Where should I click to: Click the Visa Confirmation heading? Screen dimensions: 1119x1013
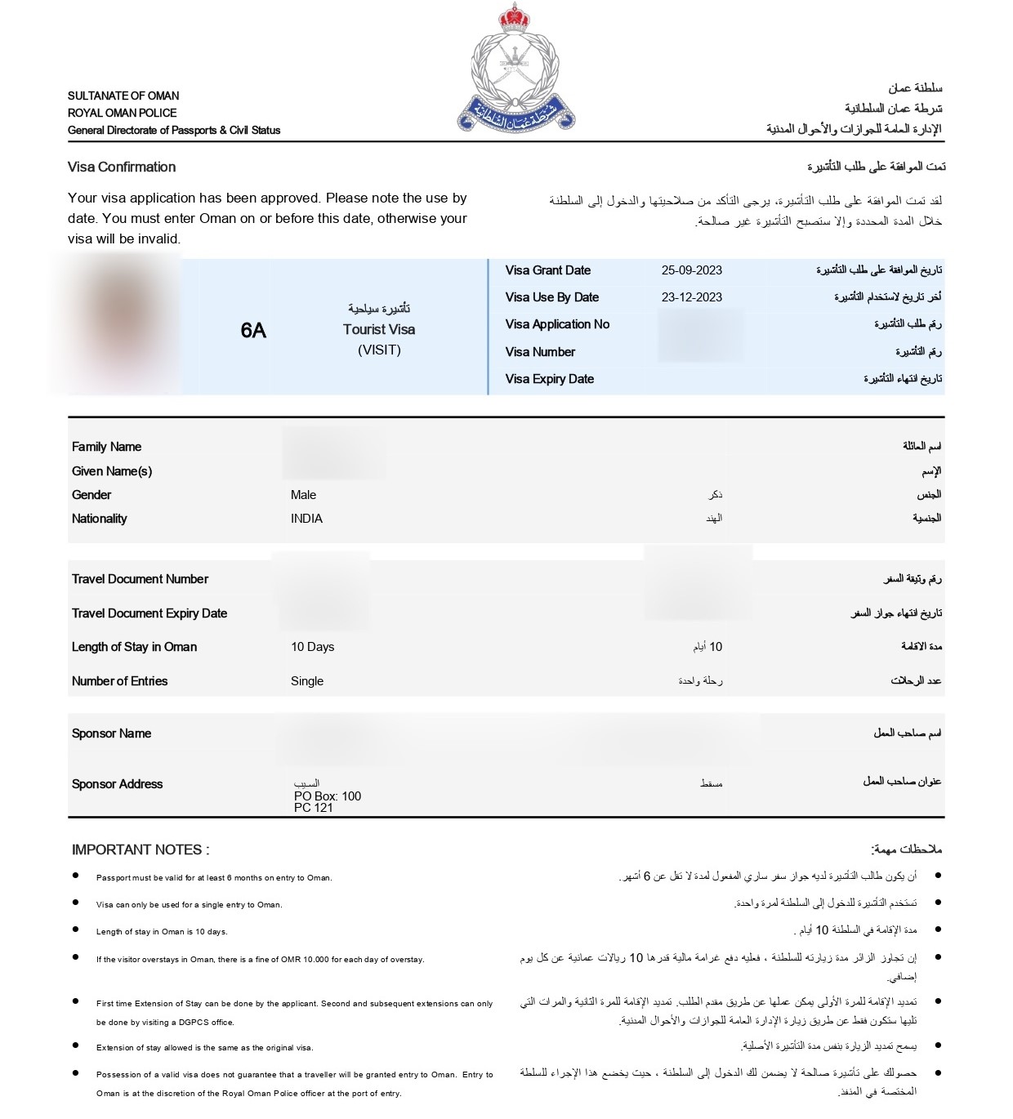tap(122, 167)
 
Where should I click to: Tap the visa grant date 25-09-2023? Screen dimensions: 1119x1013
tap(691, 270)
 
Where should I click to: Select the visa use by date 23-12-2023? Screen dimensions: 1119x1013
tap(691, 297)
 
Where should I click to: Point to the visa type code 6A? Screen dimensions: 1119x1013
tap(253, 330)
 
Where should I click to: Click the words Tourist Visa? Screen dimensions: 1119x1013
tap(379, 329)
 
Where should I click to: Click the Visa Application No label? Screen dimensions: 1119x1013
tap(557, 324)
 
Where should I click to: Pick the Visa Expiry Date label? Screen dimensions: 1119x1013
tap(549, 379)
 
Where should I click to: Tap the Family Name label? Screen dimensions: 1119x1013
tap(106, 447)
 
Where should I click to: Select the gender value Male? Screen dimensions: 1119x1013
tap(303, 495)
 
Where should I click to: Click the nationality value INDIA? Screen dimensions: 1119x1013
tap(306, 519)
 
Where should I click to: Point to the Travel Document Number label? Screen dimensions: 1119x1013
tap(140, 579)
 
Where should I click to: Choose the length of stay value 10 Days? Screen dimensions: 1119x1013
tap(312, 647)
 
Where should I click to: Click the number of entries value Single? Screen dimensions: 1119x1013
tap(307, 681)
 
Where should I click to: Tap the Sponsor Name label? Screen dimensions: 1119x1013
tap(111, 733)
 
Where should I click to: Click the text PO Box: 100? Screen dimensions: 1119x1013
tap(328, 796)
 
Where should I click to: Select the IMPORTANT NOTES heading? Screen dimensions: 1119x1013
tap(141, 849)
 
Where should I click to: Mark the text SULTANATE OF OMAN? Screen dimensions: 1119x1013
tap(123, 96)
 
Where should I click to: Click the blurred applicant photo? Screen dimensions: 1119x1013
tap(114, 324)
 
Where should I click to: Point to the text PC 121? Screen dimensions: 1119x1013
tap(314, 808)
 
